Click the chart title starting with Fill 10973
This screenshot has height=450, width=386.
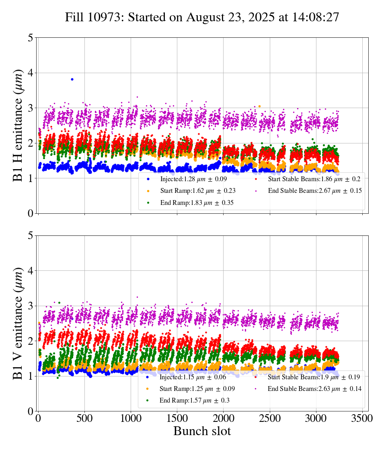[202, 17]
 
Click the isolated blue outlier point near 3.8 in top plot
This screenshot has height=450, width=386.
[72, 79]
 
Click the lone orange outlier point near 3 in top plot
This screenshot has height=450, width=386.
[259, 106]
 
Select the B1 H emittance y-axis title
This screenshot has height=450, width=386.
[18, 125]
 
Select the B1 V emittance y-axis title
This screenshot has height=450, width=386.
[18, 323]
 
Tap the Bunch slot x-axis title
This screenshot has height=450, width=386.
[202, 432]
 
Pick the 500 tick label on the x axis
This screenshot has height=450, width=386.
[84, 418]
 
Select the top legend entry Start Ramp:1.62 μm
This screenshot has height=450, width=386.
[197, 191]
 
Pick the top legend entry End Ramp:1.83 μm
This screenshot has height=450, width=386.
[197, 203]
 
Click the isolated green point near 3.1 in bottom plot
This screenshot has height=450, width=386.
[59, 303]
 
